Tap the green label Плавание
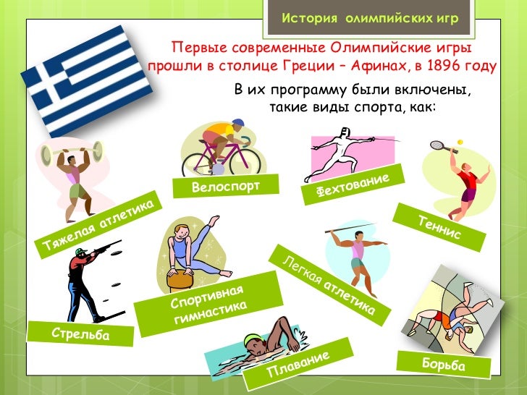point(298,365)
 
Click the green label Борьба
point(443,365)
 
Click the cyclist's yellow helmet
point(240,124)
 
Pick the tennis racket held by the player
point(438,145)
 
